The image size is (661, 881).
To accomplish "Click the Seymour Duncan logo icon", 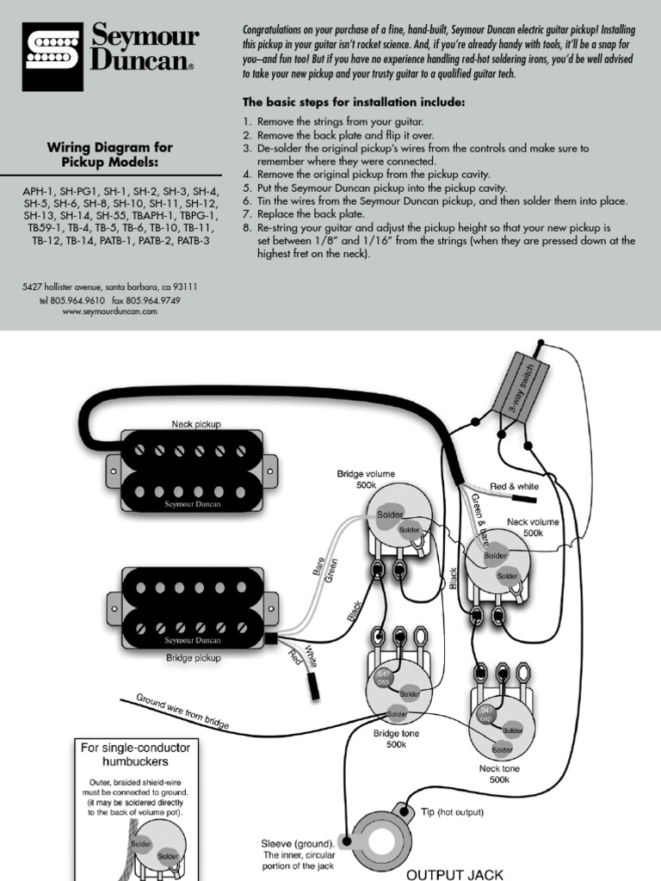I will click(53, 57).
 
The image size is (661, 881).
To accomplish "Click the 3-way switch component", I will click(516, 384).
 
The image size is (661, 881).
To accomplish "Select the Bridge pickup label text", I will click(194, 657).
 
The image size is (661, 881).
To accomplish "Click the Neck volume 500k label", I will click(533, 527).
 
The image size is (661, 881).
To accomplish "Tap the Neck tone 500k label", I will click(499, 773).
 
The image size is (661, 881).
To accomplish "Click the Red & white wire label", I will click(515, 487).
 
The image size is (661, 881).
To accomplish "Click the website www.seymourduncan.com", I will click(110, 312).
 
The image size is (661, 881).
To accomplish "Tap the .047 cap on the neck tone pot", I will click(484, 714).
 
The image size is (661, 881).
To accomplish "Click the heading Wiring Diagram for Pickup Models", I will click(110, 155).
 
